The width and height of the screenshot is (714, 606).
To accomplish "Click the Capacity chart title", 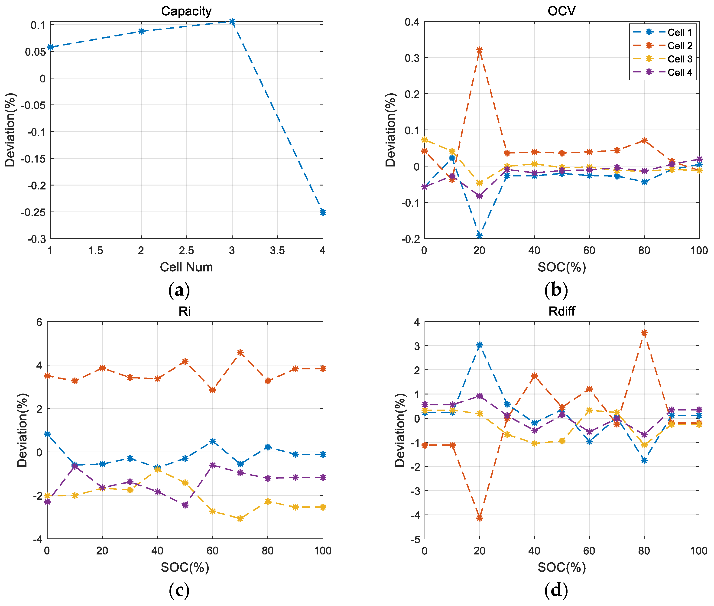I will [186, 11].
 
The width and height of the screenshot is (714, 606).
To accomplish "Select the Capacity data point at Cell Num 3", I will [232, 21].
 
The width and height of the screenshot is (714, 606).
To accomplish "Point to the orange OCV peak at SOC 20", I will [479, 50].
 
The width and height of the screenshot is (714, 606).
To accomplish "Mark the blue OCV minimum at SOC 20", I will [479, 235].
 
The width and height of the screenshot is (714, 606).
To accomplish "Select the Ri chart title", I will [185, 311].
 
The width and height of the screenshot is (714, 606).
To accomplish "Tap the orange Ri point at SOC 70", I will [240, 352].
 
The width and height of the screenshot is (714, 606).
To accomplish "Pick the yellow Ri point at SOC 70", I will [240, 519].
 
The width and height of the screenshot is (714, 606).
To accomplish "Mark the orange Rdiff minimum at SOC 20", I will [479, 518].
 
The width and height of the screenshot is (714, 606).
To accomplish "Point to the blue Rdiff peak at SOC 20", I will [479, 345].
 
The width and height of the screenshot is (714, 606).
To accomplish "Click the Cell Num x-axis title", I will [186, 267].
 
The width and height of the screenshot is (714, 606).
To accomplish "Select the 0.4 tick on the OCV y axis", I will [412, 22].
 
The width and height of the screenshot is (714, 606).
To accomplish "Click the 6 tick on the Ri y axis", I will [39, 322].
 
